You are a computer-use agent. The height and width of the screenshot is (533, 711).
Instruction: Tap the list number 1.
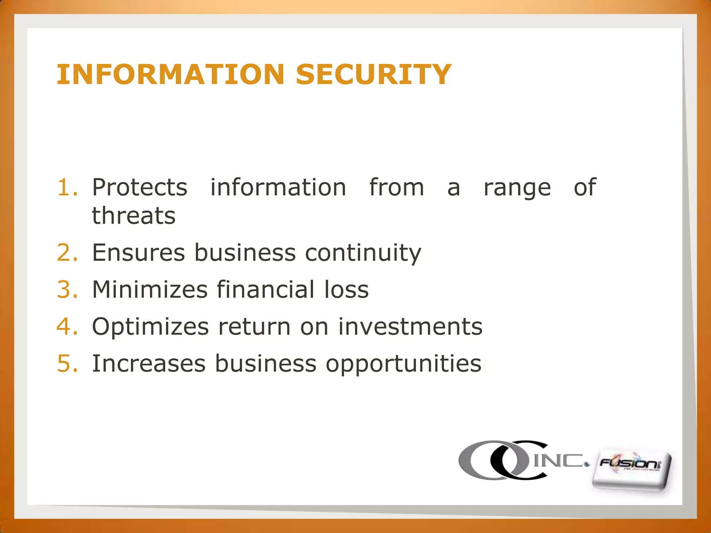click(x=67, y=187)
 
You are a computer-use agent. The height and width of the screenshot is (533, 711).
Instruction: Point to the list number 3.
click(x=67, y=289)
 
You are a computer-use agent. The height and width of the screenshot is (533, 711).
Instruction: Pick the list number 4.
click(x=67, y=327)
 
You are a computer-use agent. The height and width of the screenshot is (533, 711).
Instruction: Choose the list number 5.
click(x=67, y=364)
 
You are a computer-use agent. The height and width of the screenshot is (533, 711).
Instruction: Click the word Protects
click(x=140, y=187)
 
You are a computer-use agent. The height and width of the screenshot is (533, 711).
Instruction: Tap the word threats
click(x=134, y=215)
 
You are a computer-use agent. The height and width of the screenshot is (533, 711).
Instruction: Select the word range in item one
click(x=517, y=188)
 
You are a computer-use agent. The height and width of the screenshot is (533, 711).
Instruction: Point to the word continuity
click(x=363, y=253)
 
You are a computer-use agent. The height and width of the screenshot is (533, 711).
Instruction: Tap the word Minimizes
click(x=150, y=289)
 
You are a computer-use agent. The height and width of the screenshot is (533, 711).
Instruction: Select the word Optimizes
click(x=150, y=327)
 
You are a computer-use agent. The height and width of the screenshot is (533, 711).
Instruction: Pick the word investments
click(x=410, y=327)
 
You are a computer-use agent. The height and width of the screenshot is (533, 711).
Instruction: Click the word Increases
click(x=149, y=364)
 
